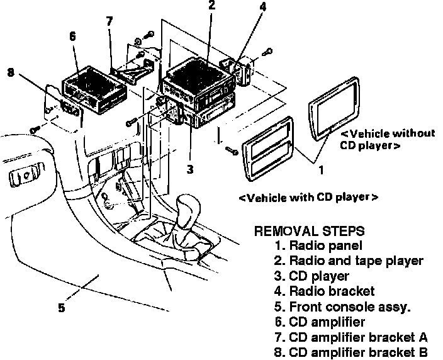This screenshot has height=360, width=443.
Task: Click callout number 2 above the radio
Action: [212, 6]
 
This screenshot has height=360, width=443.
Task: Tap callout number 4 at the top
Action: [262, 7]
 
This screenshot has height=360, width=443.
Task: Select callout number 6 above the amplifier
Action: [72, 37]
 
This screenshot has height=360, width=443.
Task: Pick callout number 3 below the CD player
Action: [189, 169]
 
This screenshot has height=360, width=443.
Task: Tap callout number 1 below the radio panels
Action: [320, 169]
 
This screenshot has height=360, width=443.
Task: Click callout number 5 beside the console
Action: [61, 308]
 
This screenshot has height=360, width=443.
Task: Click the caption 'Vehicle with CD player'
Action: [308, 198]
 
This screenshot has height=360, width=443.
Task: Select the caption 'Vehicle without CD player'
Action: [387, 139]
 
